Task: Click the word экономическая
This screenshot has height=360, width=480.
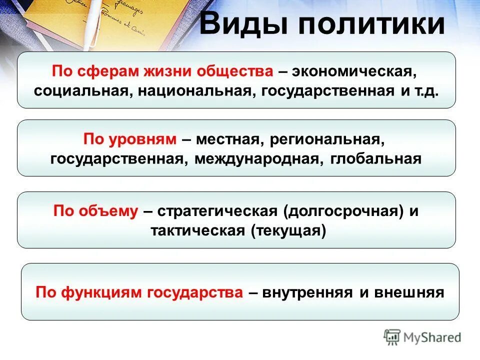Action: click(x=355, y=71)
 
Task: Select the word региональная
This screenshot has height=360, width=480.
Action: click(x=327, y=139)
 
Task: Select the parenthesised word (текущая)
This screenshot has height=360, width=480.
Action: click(x=288, y=231)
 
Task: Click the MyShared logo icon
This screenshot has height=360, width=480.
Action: click(x=392, y=337)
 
